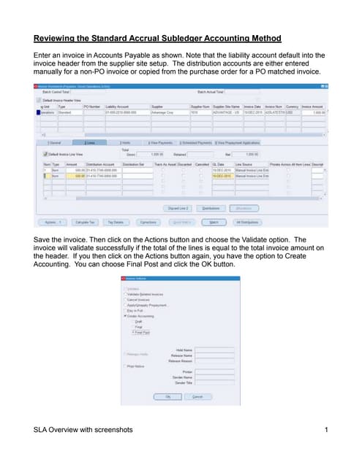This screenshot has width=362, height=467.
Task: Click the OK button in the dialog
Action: (x=167, y=396)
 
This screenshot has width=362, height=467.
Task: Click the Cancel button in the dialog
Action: (x=197, y=396)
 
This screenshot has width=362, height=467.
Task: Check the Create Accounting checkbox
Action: (x=125, y=315)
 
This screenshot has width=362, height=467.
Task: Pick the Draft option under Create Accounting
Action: (x=139, y=321)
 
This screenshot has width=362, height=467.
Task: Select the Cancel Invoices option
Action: (x=125, y=299)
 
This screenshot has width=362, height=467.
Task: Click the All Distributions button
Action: (x=248, y=221)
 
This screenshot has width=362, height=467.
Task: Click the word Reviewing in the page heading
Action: (x=58, y=38)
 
